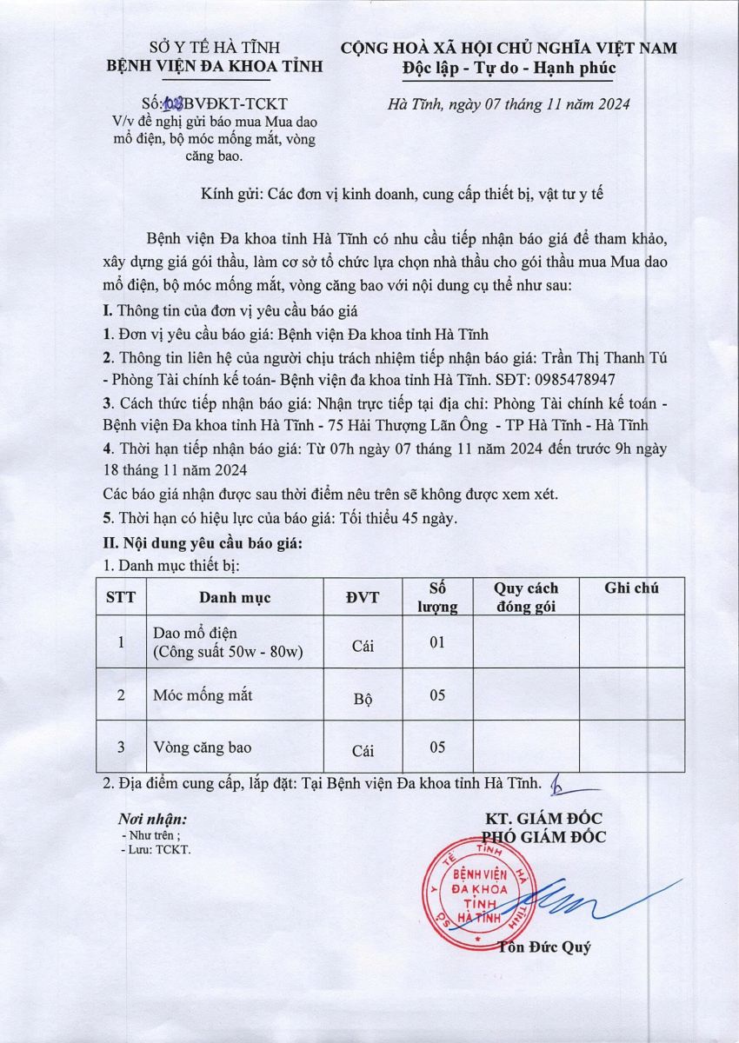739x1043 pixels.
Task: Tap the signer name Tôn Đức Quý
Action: pos(544,947)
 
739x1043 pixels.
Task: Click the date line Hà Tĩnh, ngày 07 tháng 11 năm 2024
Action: pos(509,104)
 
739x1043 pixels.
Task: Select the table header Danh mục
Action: pos(235,597)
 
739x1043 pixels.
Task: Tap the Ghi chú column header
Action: pos(631,588)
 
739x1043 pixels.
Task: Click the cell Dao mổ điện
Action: pos(195,632)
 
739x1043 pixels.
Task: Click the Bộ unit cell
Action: pos(363,699)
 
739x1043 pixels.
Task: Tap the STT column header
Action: pos(121,597)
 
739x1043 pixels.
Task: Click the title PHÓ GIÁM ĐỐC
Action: pos(543,837)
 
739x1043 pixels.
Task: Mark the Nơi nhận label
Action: pos(152,819)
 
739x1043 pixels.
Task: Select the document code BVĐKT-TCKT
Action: pos(240,104)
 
